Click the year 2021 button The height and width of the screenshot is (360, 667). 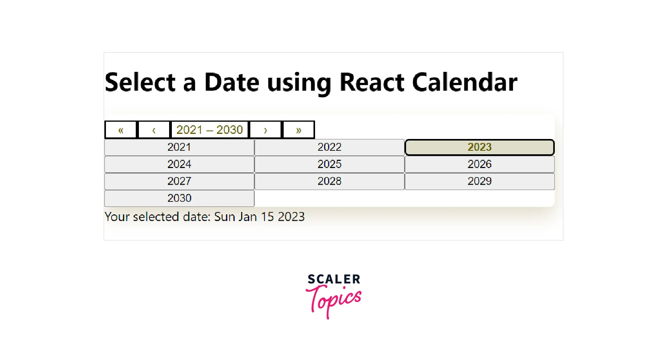coord(179,147)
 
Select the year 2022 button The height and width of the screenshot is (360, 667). coord(329,147)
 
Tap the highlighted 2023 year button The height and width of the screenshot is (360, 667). coord(479,147)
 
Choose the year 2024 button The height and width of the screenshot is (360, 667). coord(179,164)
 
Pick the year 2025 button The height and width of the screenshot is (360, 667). coord(329,164)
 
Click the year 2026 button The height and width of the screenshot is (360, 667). coord(479,164)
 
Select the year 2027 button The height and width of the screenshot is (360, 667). coord(179,181)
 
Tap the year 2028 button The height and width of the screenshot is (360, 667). coord(329,181)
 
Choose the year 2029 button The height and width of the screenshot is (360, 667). coord(479,181)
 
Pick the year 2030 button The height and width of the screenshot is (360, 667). coord(179,198)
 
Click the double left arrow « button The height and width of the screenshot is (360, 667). coord(120,130)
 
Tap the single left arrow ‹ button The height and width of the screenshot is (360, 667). coord(154,130)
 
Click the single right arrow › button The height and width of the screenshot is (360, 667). coord(265,130)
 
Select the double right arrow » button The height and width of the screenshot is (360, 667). coord(298,130)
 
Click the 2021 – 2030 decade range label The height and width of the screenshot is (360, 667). coord(210,130)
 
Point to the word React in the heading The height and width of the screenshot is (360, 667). coord(372,82)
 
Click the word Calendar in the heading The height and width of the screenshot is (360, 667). coord(465,82)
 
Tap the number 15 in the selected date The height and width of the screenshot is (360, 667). coord(267,217)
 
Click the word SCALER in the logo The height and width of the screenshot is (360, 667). coord(334,279)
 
